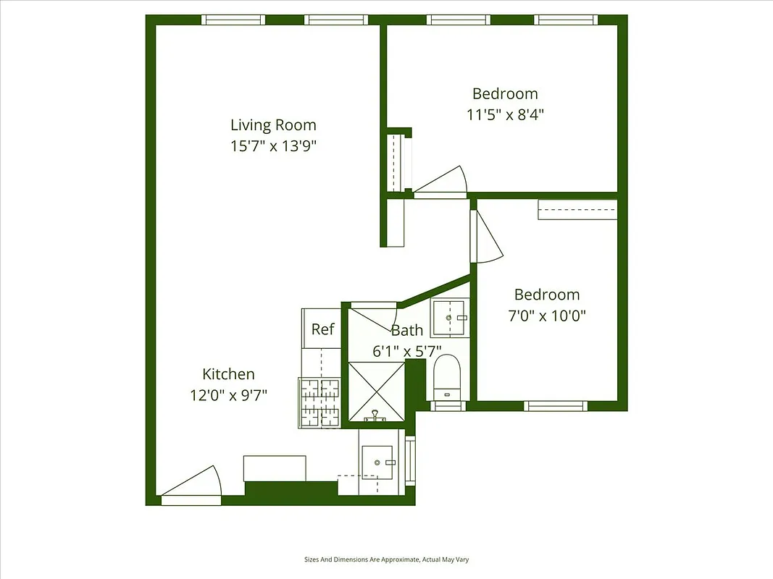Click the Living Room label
coord(273,124)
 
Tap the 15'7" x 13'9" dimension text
coord(273,145)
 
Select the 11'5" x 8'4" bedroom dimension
coord(505,114)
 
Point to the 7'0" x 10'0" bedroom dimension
coord(547,316)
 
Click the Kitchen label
coord(228,374)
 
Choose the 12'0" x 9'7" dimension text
coord(228,395)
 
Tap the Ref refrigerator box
coord(322,329)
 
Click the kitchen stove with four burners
coord(319,402)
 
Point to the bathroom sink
coord(450,318)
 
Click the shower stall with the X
coord(376,391)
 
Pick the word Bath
coord(407,330)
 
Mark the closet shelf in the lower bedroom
coord(577,209)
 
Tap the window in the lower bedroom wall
coord(554,406)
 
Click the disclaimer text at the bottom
coord(386,559)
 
